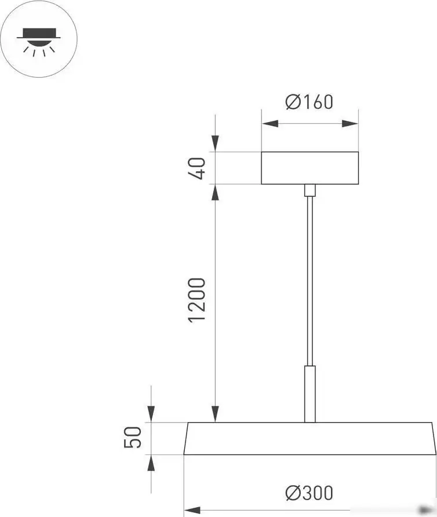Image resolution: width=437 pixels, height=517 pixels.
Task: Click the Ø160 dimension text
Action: (x=309, y=102)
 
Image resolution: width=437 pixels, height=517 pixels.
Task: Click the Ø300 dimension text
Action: (x=309, y=493)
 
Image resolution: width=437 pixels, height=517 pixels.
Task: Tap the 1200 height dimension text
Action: (x=198, y=300)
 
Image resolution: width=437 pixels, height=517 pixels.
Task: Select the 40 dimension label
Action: (x=198, y=168)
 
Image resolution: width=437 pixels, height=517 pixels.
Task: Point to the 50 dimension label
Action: (x=133, y=438)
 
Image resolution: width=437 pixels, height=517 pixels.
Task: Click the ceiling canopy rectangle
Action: (x=309, y=168)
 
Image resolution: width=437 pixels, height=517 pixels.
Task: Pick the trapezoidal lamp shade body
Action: (x=309, y=438)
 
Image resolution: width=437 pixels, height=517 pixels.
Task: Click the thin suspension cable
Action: (x=310, y=278)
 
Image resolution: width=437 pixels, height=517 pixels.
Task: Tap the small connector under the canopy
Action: (x=310, y=190)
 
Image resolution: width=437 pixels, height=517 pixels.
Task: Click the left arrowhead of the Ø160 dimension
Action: (x=270, y=123)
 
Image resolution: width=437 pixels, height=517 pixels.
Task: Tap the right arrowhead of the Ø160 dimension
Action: (x=349, y=123)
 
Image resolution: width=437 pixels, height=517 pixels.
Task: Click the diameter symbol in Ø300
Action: (x=292, y=493)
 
